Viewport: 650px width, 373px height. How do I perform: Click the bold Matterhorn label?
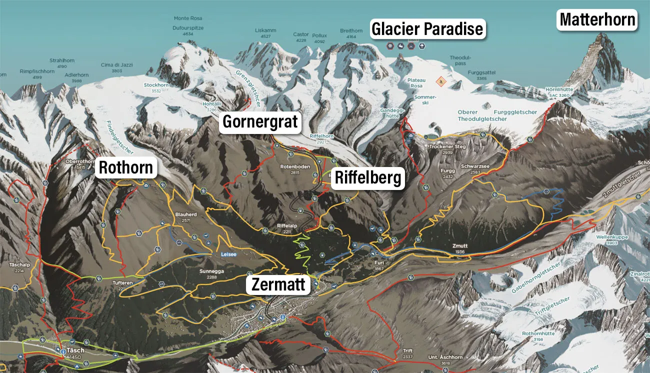pyautogui.click(x=597, y=20)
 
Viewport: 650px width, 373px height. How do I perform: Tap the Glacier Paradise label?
pyautogui.click(x=427, y=28)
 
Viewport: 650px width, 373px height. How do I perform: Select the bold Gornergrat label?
pyautogui.click(x=260, y=121)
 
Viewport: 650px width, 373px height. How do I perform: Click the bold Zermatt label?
pyautogui.click(x=278, y=284)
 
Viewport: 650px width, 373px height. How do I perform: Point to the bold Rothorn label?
pyautogui.click(x=126, y=168)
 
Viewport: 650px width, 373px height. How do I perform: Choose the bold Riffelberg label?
pyautogui.click(x=367, y=177)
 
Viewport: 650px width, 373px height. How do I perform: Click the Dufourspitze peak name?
pyautogui.click(x=188, y=28)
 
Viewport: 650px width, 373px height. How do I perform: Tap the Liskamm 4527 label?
pyautogui.click(x=265, y=33)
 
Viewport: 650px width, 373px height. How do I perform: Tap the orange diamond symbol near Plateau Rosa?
pyautogui.click(x=440, y=81)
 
